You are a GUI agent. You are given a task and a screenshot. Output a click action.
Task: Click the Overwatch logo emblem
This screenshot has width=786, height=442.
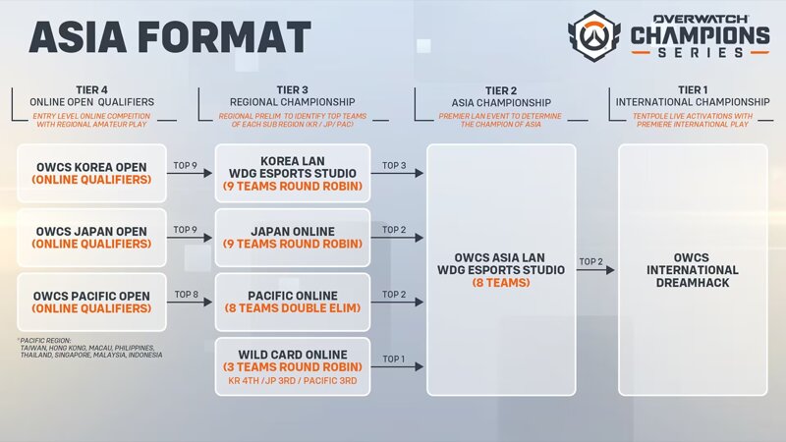pos(593,35)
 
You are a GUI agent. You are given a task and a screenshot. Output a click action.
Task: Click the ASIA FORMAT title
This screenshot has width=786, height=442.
pos(170,37)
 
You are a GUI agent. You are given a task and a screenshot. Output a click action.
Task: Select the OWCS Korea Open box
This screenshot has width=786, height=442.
pos(91,174)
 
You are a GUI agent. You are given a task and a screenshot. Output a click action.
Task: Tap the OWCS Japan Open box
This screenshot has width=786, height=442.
pos(91,238)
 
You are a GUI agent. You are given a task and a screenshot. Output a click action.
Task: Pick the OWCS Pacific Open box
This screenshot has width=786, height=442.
pos(91,303)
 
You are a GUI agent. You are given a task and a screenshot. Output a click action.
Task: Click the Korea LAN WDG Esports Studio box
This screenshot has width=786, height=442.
pos(293,174)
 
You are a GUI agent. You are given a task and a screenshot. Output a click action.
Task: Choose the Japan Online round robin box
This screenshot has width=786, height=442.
pos(293,238)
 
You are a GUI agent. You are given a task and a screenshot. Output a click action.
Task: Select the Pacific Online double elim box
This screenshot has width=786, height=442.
pos(293,303)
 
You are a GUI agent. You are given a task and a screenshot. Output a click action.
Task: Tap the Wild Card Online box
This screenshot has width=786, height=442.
pos(293,366)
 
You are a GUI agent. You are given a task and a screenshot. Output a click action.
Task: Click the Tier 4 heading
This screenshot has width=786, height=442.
pos(91,90)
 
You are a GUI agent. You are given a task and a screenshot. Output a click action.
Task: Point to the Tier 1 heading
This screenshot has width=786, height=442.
pos(693,90)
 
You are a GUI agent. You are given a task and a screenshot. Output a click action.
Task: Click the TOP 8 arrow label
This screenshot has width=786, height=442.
pos(187,295)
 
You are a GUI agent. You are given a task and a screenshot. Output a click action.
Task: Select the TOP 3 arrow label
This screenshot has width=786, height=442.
pos(394,165)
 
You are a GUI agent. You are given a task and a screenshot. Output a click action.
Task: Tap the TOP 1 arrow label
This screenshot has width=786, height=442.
pos(394,359)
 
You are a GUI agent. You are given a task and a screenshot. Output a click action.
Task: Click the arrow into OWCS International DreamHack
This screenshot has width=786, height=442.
pos(595,270)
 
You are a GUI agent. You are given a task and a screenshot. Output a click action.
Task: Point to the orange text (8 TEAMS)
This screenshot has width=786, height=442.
pos(501,283)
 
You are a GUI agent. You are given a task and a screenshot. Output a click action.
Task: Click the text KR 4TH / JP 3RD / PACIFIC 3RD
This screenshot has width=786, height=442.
pos(293,381)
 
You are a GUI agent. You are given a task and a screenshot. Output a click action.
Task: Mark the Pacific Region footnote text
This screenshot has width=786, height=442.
pos(90,348)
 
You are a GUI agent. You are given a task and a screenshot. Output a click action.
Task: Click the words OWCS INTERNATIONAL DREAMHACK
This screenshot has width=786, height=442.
pos(693,270)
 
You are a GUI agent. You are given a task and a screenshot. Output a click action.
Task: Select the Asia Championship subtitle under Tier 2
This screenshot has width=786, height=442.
pos(501,103)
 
